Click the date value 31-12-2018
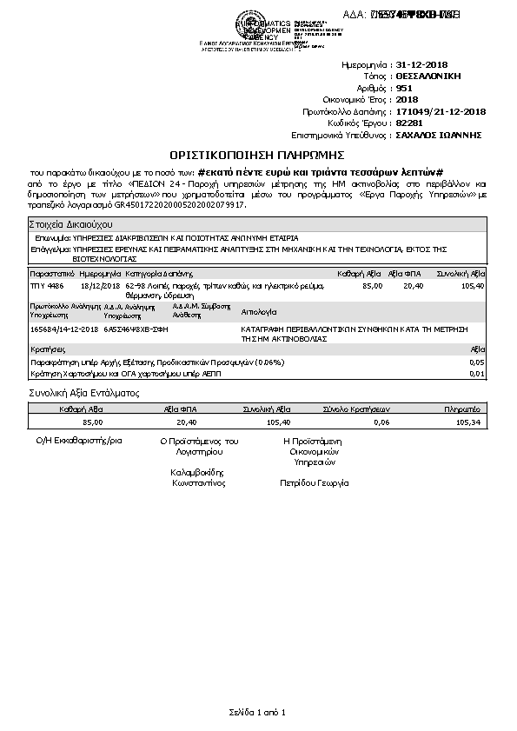[423, 65]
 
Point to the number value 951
[404, 88]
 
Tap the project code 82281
[408, 123]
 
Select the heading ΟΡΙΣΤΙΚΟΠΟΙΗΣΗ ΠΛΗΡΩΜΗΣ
[258, 155]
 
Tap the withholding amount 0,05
[476, 361]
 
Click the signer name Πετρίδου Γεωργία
[314, 482]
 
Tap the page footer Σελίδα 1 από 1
[257, 713]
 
